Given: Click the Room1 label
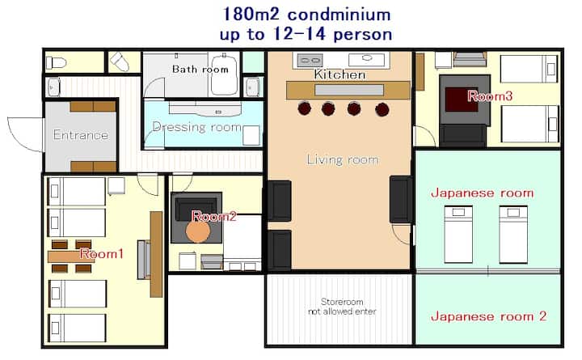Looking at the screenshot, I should (102, 253).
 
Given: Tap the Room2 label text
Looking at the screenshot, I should (214, 216).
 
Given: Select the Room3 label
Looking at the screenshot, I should (490, 95).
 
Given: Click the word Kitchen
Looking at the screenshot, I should (340, 74).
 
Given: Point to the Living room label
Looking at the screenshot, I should (342, 159).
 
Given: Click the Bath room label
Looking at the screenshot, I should (200, 70).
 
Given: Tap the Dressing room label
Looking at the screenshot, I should (197, 127).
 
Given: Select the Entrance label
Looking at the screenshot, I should (80, 135).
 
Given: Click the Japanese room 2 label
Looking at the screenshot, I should (487, 316).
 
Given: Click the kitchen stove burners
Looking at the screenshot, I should (310, 59).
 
